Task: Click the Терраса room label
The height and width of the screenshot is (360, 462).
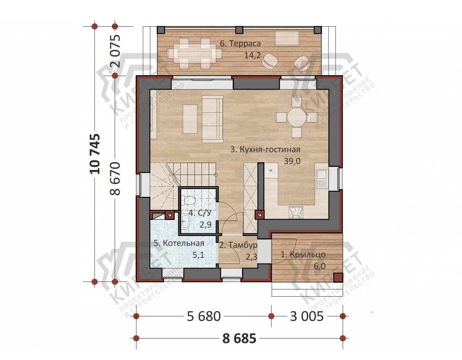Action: [x=240, y=43]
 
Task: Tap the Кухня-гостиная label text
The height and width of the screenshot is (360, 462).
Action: [x=265, y=149]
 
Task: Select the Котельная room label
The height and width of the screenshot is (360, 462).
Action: [x=179, y=243]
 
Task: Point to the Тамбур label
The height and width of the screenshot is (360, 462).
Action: [x=238, y=245]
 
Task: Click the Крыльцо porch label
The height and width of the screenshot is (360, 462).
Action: [x=303, y=255]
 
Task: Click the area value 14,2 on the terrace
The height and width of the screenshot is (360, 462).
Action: [x=253, y=55]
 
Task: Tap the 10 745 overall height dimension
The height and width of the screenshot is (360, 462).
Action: [x=95, y=154]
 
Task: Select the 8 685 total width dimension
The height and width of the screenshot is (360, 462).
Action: [x=239, y=338]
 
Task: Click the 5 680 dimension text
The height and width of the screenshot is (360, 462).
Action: [x=204, y=317]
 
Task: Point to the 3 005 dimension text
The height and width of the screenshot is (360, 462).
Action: [x=307, y=317]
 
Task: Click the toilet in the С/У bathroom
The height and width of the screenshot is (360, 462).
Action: [x=188, y=200]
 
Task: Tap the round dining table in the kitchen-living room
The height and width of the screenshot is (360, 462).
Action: [x=297, y=117]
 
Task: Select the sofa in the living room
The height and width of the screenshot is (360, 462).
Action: [x=213, y=119]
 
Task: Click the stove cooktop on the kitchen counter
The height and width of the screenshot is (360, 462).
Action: [x=296, y=212]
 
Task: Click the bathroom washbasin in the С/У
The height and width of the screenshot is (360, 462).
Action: [x=186, y=221]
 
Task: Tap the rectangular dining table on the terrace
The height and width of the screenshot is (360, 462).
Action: [x=195, y=54]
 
